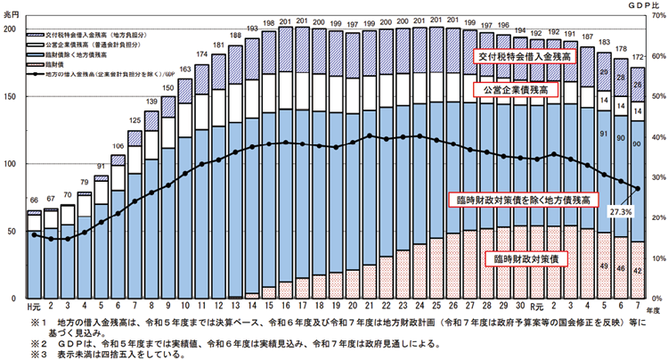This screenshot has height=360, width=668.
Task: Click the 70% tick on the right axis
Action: (x=654, y=29)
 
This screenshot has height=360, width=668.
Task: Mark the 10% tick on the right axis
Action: (x=654, y=258)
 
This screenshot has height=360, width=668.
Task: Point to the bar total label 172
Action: (x=637, y=58)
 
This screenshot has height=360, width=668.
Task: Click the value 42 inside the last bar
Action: (x=637, y=268)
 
